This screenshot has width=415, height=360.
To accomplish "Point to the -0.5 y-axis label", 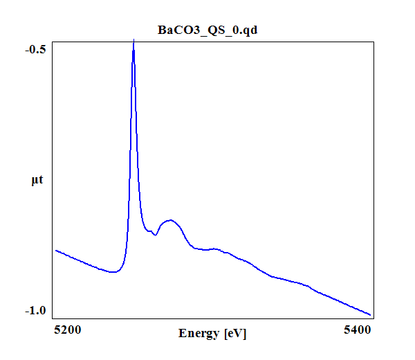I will click(35, 49).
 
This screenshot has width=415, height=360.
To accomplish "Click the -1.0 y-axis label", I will click(35, 311).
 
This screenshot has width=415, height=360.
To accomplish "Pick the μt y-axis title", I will click(37, 181).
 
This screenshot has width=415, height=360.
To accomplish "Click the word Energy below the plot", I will click(199, 334).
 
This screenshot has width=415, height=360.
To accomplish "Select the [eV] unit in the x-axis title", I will click(234, 334).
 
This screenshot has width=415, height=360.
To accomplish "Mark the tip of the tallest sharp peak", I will click(133, 42).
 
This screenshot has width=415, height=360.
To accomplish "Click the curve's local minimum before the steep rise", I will click(113, 272).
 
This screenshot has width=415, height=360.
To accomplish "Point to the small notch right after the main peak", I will click(156, 235).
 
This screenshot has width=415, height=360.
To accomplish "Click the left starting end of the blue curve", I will click(55, 250).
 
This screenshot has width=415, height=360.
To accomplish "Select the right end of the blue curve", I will click(371, 315).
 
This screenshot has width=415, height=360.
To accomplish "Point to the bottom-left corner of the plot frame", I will click(52, 318).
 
